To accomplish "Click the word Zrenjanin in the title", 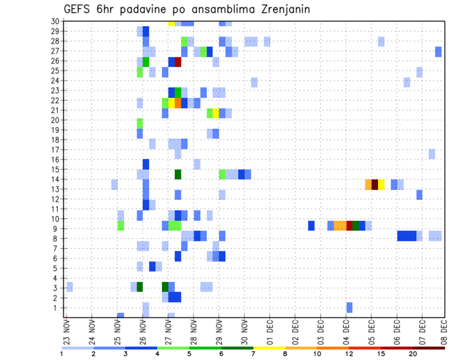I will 282,9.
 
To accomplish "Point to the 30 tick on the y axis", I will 55,21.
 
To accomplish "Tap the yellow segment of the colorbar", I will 269,348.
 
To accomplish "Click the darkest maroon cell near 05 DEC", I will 375,184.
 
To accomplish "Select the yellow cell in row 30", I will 171,23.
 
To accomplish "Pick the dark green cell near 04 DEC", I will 356,226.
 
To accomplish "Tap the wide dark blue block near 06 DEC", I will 407,236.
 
